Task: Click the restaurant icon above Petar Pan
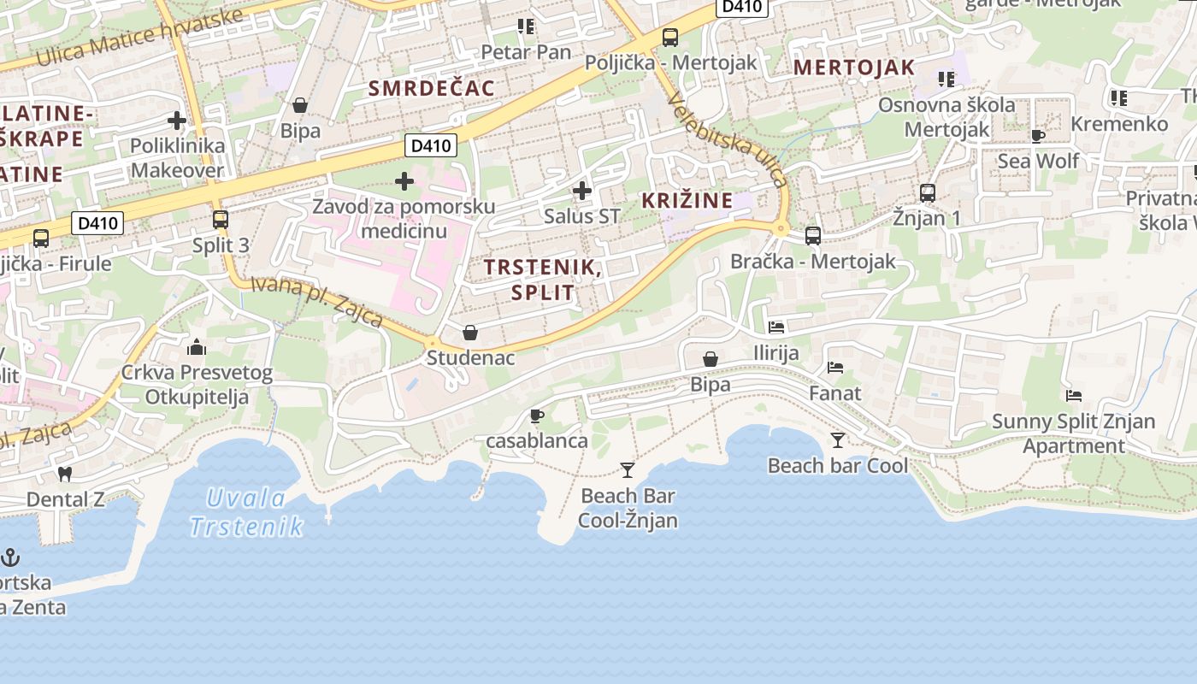click(x=526, y=27)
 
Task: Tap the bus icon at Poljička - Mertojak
click(x=670, y=38)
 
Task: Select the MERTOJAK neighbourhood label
click(x=854, y=68)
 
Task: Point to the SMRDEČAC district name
click(x=432, y=88)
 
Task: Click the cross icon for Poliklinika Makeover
click(x=177, y=121)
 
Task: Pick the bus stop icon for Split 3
click(x=221, y=220)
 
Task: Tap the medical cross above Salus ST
click(x=582, y=190)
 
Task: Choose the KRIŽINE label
click(x=687, y=201)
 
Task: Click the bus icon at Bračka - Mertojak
click(x=813, y=236)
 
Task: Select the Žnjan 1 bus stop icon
click(x=928, y=193)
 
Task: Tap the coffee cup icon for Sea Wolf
click(x=1038, y=136)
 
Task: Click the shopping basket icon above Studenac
click(x=470, y=332)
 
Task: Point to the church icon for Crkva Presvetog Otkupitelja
click(x=197, y=347)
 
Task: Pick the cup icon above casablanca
click(x=537, y=416)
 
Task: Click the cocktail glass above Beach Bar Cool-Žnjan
click(x=628, y=469)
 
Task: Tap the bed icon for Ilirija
click(x=776, y=327)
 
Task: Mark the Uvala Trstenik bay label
click(x=245, y=512)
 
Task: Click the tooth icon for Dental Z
click(x=65, y=474)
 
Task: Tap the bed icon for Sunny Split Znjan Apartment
click(x=1074, y=396)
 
